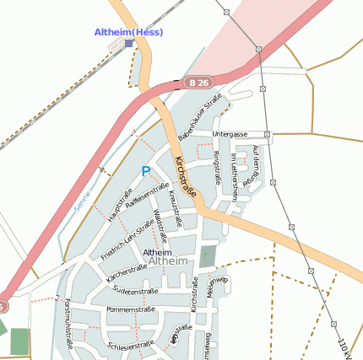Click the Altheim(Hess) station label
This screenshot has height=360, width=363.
(129, 32)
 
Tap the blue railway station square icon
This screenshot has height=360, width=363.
(128, 43)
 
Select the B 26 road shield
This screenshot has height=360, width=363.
(198, 83)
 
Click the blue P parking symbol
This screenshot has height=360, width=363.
(145, 171)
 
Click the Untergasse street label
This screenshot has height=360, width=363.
(230, 134)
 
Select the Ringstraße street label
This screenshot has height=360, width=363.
(217, 167)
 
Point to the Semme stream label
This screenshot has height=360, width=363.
(82, 201)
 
